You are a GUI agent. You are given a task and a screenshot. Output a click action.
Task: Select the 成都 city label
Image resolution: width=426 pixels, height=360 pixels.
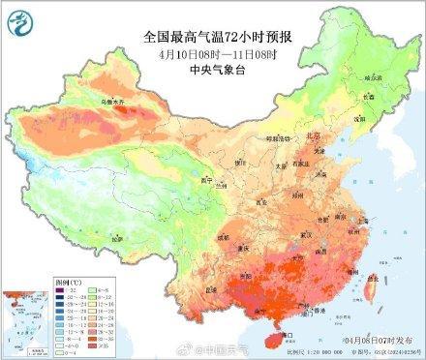226,236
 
